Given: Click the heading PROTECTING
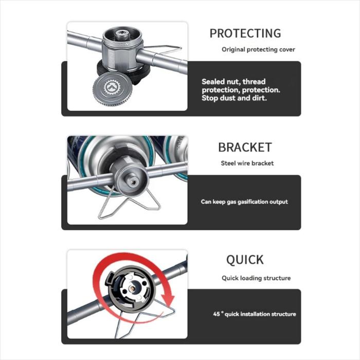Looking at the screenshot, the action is click(x=245, y=33).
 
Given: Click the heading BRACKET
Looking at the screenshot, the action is click(x=245, y=148).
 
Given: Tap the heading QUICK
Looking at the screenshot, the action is click(x=245, y=260).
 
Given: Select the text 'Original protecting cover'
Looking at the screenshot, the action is click(x=258, y=49).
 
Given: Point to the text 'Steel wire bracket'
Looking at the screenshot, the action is click(x=247, y=163).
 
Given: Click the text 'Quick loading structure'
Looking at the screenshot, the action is click(x=256, y=278).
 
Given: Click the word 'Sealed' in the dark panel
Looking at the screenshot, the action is click(x=213, y=81).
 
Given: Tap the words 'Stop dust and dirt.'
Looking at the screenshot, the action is click(x=234, y=98).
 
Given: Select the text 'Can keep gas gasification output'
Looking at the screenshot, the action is click(x=244, y=202).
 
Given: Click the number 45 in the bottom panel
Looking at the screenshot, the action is click(x=217, y=314).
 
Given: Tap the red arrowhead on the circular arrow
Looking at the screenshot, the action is click(x=168, y=298).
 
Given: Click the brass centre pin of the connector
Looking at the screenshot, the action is click(x=133, y=289).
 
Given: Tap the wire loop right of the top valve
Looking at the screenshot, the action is click(x=164, y=49).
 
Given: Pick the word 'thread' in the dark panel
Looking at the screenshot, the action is click(x=254, y=81).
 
